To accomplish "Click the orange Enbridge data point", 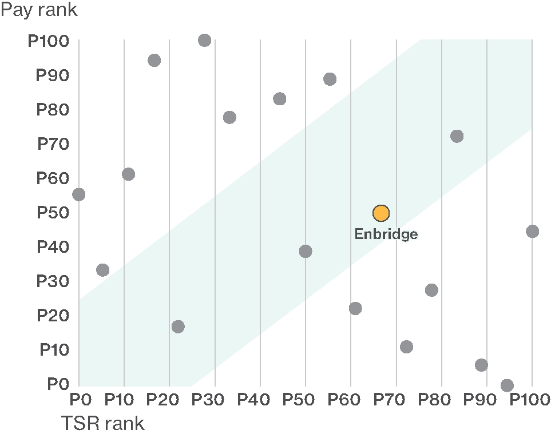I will [380, 213].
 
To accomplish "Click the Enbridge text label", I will [386, 234].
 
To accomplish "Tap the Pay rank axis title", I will [39, 10].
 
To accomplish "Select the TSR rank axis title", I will [102, 424].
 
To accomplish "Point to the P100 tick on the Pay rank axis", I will [48, 41].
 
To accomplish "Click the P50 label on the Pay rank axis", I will [53, 213].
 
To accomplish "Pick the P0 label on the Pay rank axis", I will [58, 384].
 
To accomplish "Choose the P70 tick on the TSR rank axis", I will [396, 398].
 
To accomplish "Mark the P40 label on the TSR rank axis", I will [260, 398].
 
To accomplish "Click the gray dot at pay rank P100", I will [204, 40].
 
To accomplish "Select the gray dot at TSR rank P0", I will [79, 194].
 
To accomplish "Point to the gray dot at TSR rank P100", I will [532, 232].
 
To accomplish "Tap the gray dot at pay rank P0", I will [507, 385].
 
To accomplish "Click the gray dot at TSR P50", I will [306, 252].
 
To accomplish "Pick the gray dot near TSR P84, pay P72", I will [457, 136].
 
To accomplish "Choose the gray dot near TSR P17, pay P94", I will [154, 60].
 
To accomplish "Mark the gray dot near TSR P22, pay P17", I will [178, 327].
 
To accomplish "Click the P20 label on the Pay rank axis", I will [53, 316].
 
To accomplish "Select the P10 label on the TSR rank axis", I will [124, 398].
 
